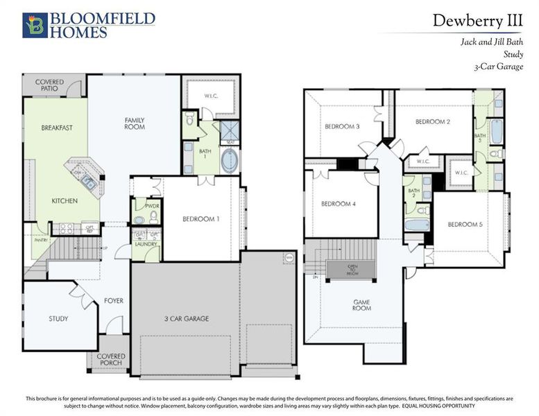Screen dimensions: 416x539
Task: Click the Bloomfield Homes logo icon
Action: tap(35, 25)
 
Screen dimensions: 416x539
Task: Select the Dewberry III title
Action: tap(477, 20)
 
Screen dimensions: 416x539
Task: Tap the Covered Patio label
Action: tap(49, 86)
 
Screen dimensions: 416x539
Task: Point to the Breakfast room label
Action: tap(57, 128)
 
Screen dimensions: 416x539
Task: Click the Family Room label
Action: tap(135, 124)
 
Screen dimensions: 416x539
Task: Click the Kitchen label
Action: tap(65, 201)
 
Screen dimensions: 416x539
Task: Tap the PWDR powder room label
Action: tap(152, 206)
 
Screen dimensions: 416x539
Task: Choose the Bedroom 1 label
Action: tap(201, 219)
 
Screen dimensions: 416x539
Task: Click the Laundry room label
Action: tap(146, 244)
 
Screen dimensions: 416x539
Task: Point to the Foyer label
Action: tap(114, 300)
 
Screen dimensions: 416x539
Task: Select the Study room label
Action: tap(58, 319)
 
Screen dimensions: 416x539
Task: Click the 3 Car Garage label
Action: tap(187, 319)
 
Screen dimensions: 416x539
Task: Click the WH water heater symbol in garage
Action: tap(288, 258)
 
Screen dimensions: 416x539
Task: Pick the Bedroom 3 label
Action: tap(342, 127)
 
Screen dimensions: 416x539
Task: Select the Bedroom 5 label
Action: tap(464, 224)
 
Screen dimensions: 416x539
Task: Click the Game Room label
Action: tap(361, 304)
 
